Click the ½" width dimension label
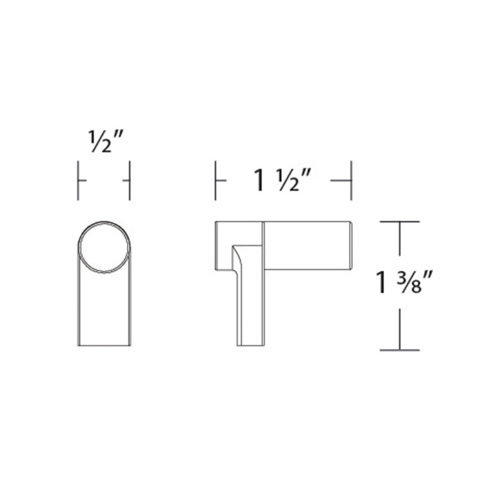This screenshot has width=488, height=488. [x=104, y=142]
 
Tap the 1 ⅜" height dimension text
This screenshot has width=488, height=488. [x=404, y=284]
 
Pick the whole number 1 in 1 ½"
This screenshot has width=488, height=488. [x=260, y=181]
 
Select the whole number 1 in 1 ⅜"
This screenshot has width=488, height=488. [x=383, y=285]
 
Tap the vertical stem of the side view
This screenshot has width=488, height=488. [x=250, y=305]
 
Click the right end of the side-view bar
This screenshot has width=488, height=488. [x=350, y=245]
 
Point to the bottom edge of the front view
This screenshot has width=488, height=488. [x=104, y=346]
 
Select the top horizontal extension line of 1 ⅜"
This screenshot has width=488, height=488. [x=400, y=221]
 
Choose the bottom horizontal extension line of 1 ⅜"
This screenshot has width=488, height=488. [x=400, y=350]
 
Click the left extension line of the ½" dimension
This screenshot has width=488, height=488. [x=78, y=181]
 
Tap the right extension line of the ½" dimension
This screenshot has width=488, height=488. [x=130, y=181]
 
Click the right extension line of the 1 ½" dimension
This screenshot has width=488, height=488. [x=351, y=181]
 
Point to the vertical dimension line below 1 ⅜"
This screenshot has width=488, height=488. [x=400, y=329]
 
